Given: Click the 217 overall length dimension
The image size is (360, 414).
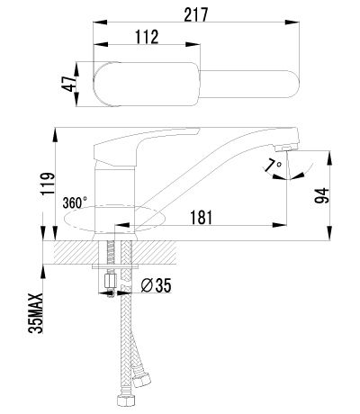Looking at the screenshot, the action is point(196,14).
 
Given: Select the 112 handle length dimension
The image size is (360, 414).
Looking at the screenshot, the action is point(147,37).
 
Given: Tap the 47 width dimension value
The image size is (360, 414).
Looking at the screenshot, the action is point(68,84).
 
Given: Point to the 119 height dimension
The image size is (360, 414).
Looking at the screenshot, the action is point(48,184).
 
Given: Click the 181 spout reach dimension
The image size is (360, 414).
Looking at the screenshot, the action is point(202,217).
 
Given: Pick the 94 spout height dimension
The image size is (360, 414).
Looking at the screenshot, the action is point(321,196).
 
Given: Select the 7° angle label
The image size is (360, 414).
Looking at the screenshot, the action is point(274,165).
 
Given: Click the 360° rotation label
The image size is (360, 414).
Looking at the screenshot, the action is point(75,202).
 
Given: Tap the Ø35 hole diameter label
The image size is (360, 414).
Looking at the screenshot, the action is point(156,285).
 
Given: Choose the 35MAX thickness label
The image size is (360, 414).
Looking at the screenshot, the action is point(36,313).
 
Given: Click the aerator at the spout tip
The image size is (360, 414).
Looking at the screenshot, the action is point(286,147).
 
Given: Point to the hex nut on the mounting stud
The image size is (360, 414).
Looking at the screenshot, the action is point(110,281).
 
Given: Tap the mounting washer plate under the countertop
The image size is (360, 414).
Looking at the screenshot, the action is point(116,266).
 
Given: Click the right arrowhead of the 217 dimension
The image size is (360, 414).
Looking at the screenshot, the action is point(292,22).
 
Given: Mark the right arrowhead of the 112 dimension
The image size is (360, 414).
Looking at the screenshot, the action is point(193,45).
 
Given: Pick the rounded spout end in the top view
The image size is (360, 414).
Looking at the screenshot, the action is point(292,84).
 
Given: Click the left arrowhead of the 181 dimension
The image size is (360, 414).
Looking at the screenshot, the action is point(121,225).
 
